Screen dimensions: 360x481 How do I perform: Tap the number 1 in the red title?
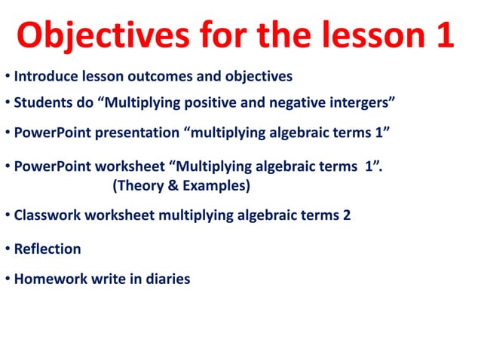[x=443, y=34]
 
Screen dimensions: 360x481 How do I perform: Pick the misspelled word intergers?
[x=362, y=102]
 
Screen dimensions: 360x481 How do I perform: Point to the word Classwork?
[x=47, y=215]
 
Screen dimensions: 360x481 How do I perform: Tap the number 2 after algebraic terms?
[x=346, y=215]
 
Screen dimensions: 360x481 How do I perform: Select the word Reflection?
[x=47, y=248]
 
